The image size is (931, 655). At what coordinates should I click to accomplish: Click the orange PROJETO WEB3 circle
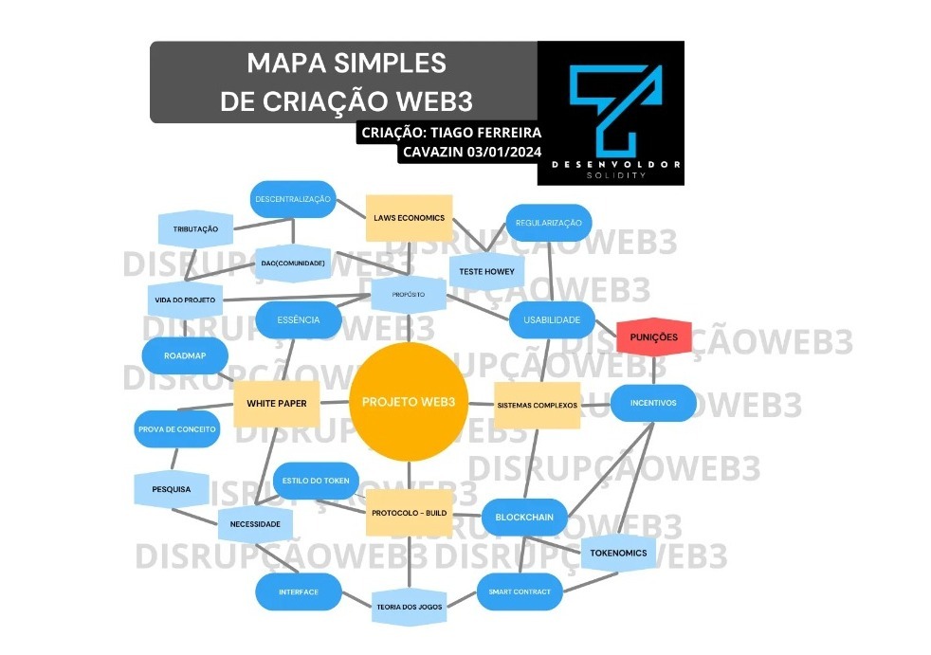click(409, 402)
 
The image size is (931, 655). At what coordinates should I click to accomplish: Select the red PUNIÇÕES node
click(654, 337)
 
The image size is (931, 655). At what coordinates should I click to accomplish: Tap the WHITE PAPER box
click(276, 404)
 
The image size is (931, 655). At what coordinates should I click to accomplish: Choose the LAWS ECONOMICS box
click(409, 218)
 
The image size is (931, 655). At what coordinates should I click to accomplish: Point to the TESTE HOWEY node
click(486, 271)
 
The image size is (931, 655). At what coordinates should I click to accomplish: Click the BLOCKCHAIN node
click(524, 518)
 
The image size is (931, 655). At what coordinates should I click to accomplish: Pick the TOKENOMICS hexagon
click(618, 553)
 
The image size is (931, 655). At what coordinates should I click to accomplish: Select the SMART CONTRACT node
click(520, 592)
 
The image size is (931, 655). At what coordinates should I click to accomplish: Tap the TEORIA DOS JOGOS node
click(409, 607)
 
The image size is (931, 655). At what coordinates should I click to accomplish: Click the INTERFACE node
click(298, 592)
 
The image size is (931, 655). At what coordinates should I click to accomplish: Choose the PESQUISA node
click(171, 489)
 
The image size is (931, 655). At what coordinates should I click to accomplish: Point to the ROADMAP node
click(184, 355)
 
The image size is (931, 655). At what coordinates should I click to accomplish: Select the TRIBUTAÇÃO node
click(195, 229)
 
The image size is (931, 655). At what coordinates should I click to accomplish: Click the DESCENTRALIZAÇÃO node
click(293, 199)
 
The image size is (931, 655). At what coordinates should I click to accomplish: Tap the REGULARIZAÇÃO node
click(548, 223)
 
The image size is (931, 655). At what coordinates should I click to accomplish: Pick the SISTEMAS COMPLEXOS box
click(538, 405)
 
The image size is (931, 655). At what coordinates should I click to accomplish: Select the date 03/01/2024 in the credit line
click(503, 153)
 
